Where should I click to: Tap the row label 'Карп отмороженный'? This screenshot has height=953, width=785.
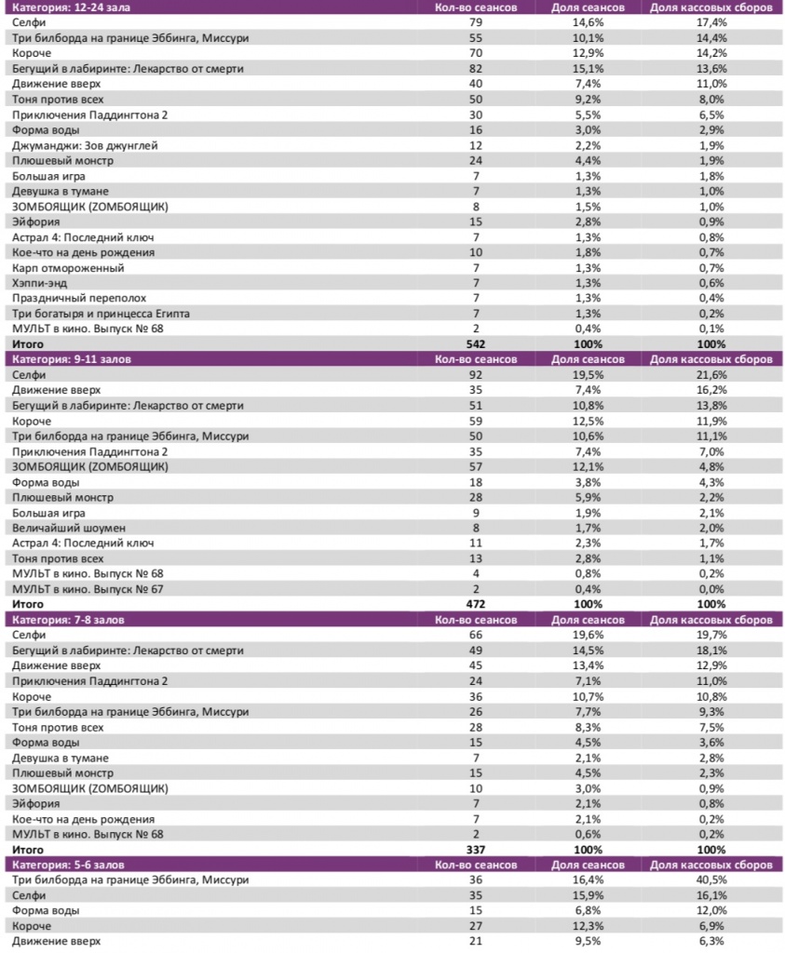click(68, 267)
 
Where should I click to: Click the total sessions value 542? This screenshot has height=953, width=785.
click(476, 343)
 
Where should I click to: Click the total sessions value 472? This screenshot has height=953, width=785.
click(476, 603)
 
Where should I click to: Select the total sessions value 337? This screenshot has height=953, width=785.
click(476, 849)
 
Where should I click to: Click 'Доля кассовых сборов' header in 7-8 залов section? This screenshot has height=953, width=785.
click(711, 618)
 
